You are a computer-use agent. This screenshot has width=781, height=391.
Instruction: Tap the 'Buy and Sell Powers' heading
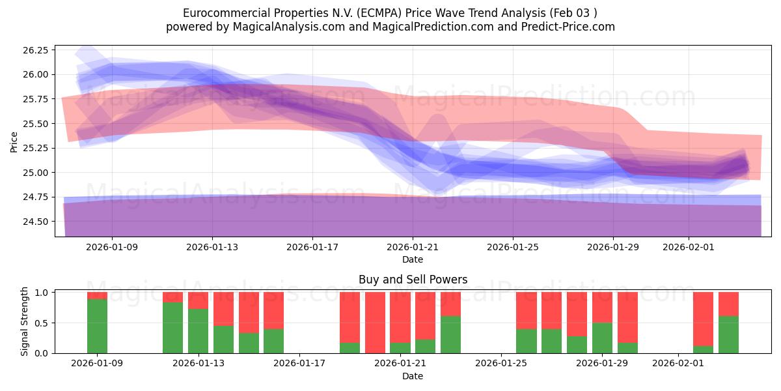[x=413, y=280]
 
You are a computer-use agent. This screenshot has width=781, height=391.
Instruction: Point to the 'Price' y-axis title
[x=14, y=141]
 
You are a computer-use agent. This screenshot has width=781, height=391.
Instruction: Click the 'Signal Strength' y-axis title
[x=25, y=321]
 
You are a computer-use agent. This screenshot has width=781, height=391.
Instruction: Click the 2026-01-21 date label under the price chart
[x=413, y=248]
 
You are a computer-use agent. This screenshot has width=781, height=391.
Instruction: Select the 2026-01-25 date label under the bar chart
[x=502, y=364]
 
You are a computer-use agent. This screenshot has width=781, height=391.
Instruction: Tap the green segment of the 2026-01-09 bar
[x=97, y=326]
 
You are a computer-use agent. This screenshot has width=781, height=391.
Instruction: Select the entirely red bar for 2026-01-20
[x=375, y=323]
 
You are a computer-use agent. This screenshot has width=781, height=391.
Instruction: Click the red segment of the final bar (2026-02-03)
[x=728, y=304]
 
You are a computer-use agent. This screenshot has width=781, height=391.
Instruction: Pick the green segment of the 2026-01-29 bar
[x=602, y=338]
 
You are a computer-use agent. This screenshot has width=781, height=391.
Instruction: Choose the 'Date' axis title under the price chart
[x=413, y=259]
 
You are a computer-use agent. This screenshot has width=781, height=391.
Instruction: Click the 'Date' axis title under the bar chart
[x=413, y=376]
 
